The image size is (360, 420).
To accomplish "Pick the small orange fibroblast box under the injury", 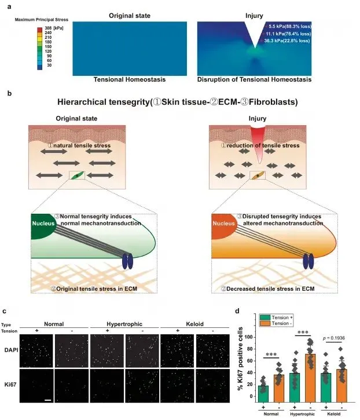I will coord(258,175).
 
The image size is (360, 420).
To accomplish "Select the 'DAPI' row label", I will coord(10,349).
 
